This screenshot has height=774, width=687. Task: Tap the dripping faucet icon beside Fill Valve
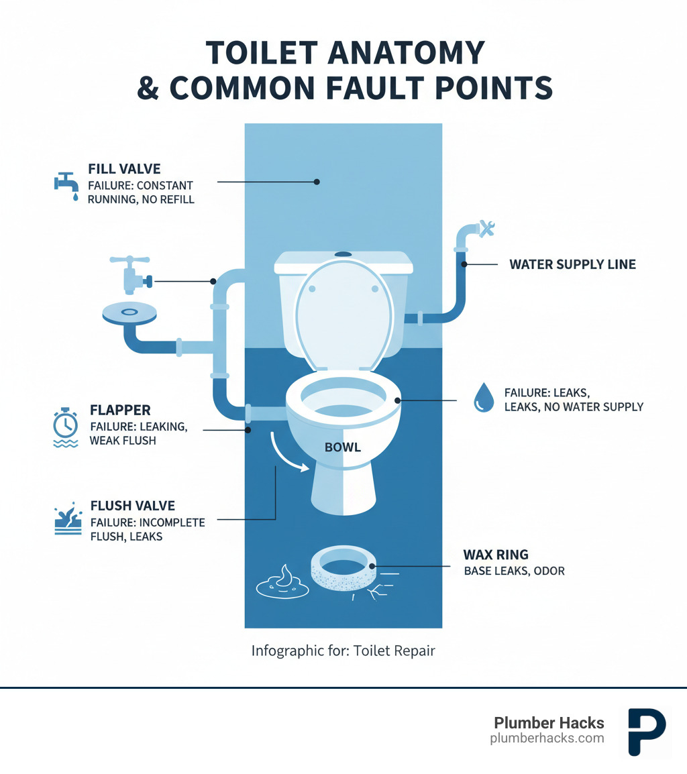tap(66, 186)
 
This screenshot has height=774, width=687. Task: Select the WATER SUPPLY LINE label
tap(572, 264)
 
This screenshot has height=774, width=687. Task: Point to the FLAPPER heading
tap(120, 410)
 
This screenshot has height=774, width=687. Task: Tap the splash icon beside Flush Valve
tap(66, 522)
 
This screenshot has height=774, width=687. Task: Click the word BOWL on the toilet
tap(343, 447)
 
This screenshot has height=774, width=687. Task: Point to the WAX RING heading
tap(495, 555)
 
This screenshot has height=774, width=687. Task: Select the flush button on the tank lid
tap(343, 255)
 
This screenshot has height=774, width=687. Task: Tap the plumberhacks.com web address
tap(547, 738)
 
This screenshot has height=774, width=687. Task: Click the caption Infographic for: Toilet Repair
tap(343, 651)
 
